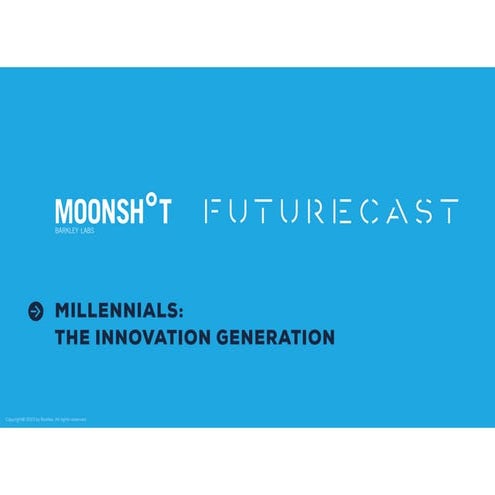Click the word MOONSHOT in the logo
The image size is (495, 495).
112,213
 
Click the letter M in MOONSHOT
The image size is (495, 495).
63,214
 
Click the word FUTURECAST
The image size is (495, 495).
332,212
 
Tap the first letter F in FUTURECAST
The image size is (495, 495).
213,212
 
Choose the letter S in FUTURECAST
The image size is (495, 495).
423,212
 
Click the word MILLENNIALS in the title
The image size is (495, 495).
117,311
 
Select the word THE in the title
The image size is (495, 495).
73,338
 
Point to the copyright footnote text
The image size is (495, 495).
45,419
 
